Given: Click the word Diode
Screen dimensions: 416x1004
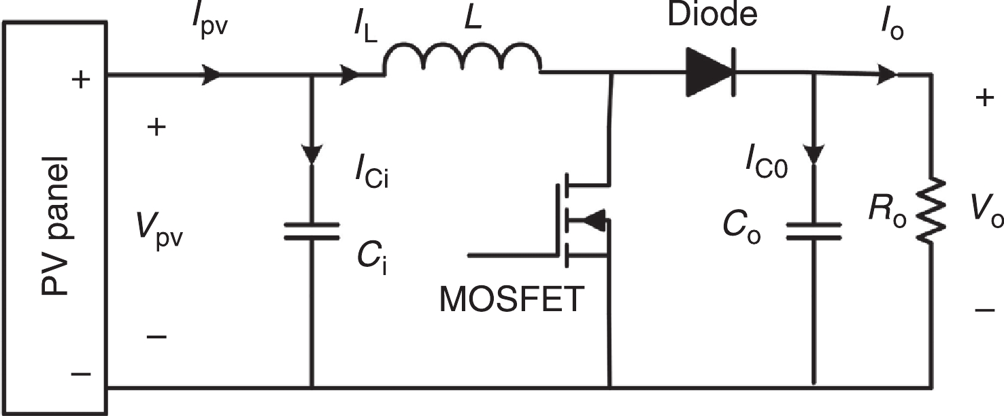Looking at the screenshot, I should (x=712, y=15).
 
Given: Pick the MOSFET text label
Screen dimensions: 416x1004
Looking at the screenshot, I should (x=512, y=299).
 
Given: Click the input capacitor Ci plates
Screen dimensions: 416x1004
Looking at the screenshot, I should (x=312, y=231).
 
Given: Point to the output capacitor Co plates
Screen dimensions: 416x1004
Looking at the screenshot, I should (x=814, y=231).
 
